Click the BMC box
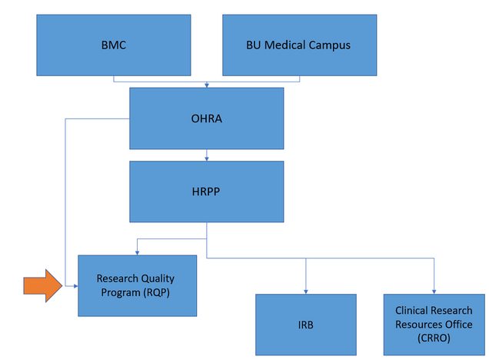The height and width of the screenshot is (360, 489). tap(114, 45)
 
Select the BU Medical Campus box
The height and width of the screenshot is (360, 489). tap(299, 45)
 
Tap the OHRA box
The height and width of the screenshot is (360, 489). tap(207, 118)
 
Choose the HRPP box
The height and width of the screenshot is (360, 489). tap(207, 192)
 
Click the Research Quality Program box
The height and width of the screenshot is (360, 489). tap(137, 285)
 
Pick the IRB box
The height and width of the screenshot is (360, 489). tap(306, 325)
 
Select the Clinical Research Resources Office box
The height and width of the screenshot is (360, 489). tap(434, 325)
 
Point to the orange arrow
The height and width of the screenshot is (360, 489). tap(43, 285)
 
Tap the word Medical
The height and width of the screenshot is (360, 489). tap(285, 45)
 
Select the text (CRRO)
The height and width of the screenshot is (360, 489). tap(434, 338)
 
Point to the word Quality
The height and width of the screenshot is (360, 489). tap(157, 278)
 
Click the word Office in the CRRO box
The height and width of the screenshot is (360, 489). tap(459, 325)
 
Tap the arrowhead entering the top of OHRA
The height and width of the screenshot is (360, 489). tap(207, 85)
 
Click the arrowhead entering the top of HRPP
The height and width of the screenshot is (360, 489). tap(207, 158)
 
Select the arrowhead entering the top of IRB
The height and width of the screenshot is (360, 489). tap(306, 292)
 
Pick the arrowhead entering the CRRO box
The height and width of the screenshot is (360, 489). tap(434, 292)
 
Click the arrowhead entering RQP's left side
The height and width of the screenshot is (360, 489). tap(75, 285)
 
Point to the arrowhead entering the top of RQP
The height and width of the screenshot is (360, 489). tap(137, 253)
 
